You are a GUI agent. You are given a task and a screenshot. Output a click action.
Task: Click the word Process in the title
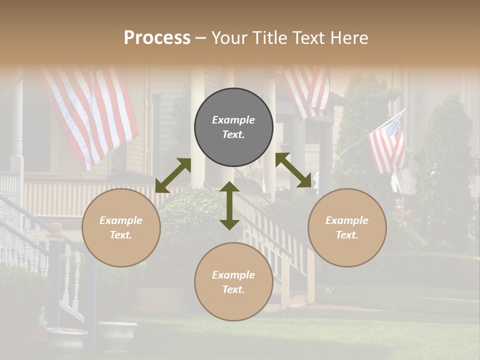pos(157,38)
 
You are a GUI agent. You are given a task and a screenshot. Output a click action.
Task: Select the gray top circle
pos(233,127)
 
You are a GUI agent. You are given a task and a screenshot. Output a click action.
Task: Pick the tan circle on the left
pos(121,228)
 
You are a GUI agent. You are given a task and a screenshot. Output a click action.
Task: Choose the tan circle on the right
pos(347,228)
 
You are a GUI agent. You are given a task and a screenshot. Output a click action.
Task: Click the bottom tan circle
pos(233,282)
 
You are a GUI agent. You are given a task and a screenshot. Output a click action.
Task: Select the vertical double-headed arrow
pos(229,205)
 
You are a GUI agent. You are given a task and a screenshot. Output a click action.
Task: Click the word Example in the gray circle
pos(233,120)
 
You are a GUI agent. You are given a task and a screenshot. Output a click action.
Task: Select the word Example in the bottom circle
pos(233,275)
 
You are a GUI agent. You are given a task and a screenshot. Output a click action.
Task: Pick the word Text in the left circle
pos(121,235)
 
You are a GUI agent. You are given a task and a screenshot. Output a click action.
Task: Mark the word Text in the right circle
pos(347,235)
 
